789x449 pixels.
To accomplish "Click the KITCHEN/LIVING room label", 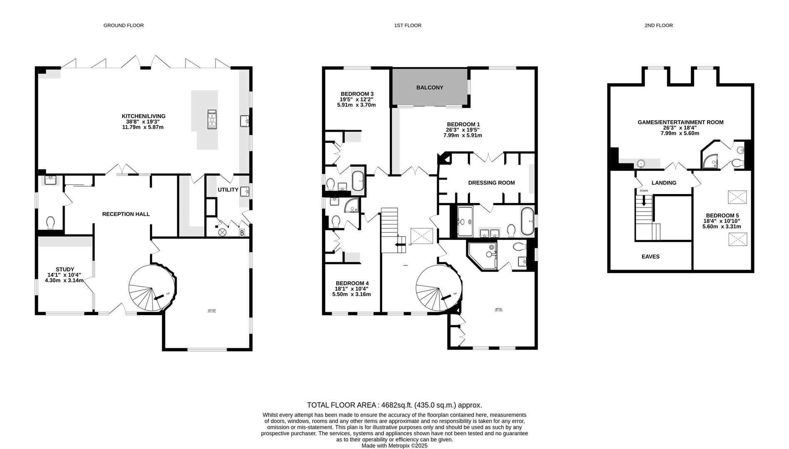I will (143, 116).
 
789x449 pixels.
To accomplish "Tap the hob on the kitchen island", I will (212, 119).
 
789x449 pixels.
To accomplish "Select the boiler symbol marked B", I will (242, 233).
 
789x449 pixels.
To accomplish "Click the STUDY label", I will (65, 269).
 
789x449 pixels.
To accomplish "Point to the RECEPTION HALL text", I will (126, 214).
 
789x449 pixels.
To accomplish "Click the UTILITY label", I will (228, 190).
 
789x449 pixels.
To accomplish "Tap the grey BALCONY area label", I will (430, 87).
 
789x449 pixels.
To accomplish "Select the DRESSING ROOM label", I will (491, 183).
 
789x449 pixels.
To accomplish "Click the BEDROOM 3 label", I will (357, 94).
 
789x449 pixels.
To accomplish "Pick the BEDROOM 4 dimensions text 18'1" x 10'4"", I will (351, 289).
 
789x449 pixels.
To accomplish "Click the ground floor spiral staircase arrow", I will (158, 298).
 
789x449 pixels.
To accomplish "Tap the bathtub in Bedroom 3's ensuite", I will (358, 181).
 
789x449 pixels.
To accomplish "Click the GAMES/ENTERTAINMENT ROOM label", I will (680, 122).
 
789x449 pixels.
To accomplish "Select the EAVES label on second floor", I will (650, 257).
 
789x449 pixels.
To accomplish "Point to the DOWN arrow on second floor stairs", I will (644, 201).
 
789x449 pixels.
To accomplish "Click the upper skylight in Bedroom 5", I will (737, 197).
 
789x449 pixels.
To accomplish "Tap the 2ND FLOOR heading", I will (658, 25).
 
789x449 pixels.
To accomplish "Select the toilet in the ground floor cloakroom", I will (50, 223).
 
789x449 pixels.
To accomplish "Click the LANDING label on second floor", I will (663, 183).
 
